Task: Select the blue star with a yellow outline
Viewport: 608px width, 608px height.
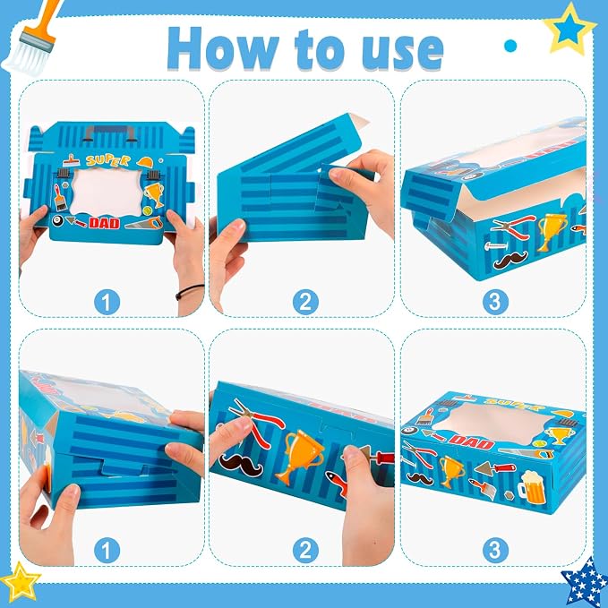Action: coord(569,30)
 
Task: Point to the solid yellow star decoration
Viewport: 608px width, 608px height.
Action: coord(21,582)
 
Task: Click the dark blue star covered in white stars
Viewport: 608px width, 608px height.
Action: coord(585,583)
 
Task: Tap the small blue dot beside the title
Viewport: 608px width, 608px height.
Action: coord(510,46)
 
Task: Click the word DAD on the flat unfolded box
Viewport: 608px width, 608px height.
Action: coord(104,223)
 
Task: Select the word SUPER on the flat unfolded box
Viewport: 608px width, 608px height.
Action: coord(107,159)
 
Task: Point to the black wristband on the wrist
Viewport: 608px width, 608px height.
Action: coord(189,291)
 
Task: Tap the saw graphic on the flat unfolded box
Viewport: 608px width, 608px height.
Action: coord(141,224)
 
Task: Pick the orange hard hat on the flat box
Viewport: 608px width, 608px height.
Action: coord(145,162)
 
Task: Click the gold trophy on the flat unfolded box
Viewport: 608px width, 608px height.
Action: coord(154,194)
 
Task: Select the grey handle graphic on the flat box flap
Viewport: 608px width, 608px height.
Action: coord(110,133)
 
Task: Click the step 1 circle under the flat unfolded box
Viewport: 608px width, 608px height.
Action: coord(107,302)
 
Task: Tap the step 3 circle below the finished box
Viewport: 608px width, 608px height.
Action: coord(495,550)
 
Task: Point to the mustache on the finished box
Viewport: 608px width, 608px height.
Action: coord(420,479)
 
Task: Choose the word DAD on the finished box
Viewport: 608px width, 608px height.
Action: coord(471,441)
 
